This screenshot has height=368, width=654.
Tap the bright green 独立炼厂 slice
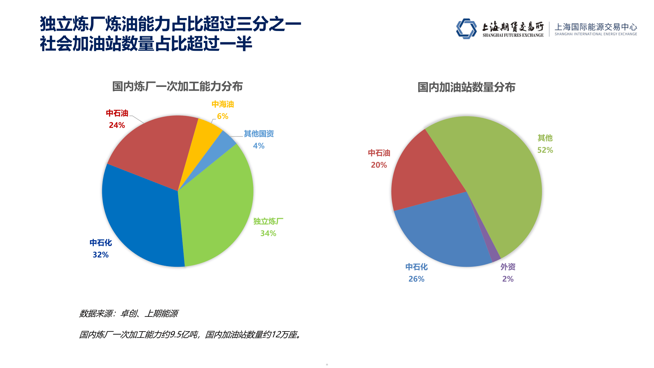tap(218, 204)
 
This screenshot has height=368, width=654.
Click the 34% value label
tap(268, 233)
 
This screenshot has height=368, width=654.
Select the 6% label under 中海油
tap(222, 117)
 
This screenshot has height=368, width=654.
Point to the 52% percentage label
tap(545, 150)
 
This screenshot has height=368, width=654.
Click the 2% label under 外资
tap(508, 279)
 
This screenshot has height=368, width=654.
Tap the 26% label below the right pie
tap(416, 279)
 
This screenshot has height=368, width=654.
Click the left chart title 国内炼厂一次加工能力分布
tap(177, 87)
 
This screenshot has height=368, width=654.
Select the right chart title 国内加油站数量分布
tap(466, 88)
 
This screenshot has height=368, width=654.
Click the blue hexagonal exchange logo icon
tap(466, 29)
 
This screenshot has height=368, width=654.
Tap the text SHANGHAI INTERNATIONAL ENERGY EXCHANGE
tap(595, 34)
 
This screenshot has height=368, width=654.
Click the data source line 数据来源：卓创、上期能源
tap(128, 313)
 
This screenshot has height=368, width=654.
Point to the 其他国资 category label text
tap(259, 134)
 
